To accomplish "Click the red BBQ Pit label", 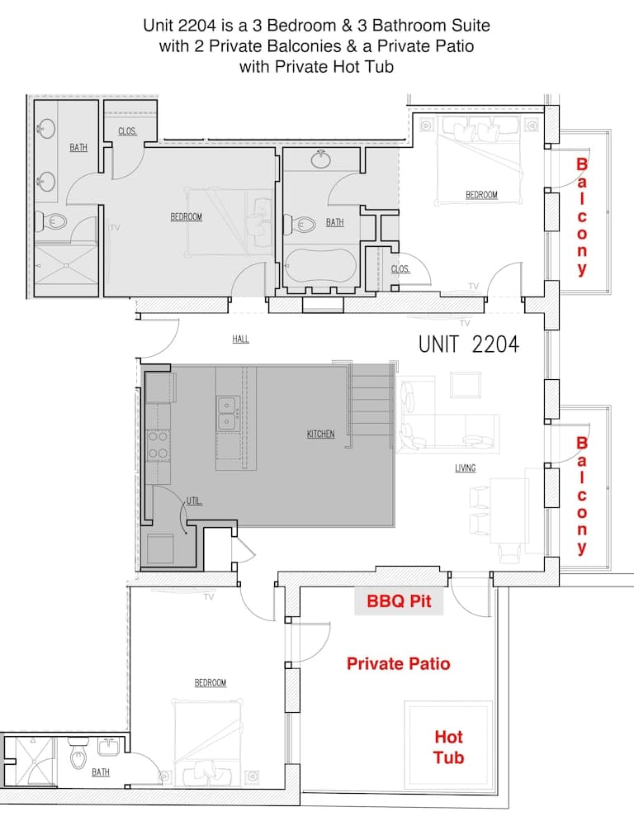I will click(x=399, y=602).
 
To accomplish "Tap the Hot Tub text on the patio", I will click(x=448, y=747).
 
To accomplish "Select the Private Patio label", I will click(x=398, y=663).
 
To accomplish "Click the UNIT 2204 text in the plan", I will click(x=468, y=344).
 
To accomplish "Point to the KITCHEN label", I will click(x=321, y=434).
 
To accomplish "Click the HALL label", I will click(x=240, y=339).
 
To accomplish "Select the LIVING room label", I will click(x=466, y=468).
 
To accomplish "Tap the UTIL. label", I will click(x=195, y=501).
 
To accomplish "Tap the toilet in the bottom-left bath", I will click(x=78, y=754).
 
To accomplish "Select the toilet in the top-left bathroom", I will click(x=52, y=221).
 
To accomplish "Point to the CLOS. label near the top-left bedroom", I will click(x=127, y=131).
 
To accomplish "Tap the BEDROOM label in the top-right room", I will click(x=481, y=195).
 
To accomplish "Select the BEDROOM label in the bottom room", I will click(x=211, y=683).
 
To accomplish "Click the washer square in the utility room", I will click(x=160, y=548).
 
